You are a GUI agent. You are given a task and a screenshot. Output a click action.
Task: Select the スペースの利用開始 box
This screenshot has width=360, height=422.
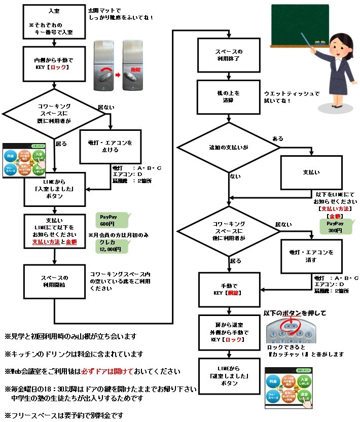point(54,282)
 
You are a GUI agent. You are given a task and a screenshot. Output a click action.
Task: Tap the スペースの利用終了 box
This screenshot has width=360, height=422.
point(230,55)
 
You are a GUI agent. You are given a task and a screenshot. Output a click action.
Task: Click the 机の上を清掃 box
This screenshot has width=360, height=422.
point(230,97)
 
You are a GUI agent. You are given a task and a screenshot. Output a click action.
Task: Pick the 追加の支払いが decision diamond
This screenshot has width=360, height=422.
point(230,147)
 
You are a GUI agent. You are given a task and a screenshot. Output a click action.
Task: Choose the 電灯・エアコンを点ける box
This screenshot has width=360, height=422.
point(110,147)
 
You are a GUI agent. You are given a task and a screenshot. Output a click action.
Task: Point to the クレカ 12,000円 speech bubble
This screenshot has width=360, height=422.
point(110,246)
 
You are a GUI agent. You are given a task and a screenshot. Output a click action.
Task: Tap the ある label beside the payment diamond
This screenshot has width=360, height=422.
point(278,138)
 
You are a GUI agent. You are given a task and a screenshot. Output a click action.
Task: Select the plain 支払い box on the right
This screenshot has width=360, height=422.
point(311,172)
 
